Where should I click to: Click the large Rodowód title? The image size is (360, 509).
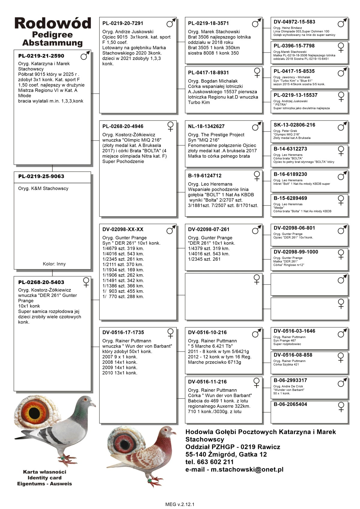coord(52,23)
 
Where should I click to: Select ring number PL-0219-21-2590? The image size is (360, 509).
coord(41,56)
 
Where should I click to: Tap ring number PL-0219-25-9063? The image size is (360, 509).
coord(41,176)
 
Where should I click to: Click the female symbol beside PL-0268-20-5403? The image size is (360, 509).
coord(86,282)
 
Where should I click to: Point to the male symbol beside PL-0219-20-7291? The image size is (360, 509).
coord(171,23)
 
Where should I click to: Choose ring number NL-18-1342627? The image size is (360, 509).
coord(206,126)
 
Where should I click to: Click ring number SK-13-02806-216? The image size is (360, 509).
coord(294,125)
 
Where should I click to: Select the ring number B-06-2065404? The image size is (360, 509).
coord(290,404)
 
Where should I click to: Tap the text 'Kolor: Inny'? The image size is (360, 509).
coord(54,264)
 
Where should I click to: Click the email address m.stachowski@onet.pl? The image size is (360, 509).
coord(247,469)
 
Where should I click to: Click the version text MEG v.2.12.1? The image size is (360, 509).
coord(180,504)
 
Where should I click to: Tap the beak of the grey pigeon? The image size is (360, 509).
coord(94,405)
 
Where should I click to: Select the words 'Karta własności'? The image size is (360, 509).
coord(44,472)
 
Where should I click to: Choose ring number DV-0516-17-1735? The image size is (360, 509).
coord(123,332)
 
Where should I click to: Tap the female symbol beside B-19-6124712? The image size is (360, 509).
coord(257,176)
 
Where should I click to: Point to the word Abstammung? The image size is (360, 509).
coord(52,43)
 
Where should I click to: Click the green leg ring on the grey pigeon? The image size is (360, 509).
coord(62,458)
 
